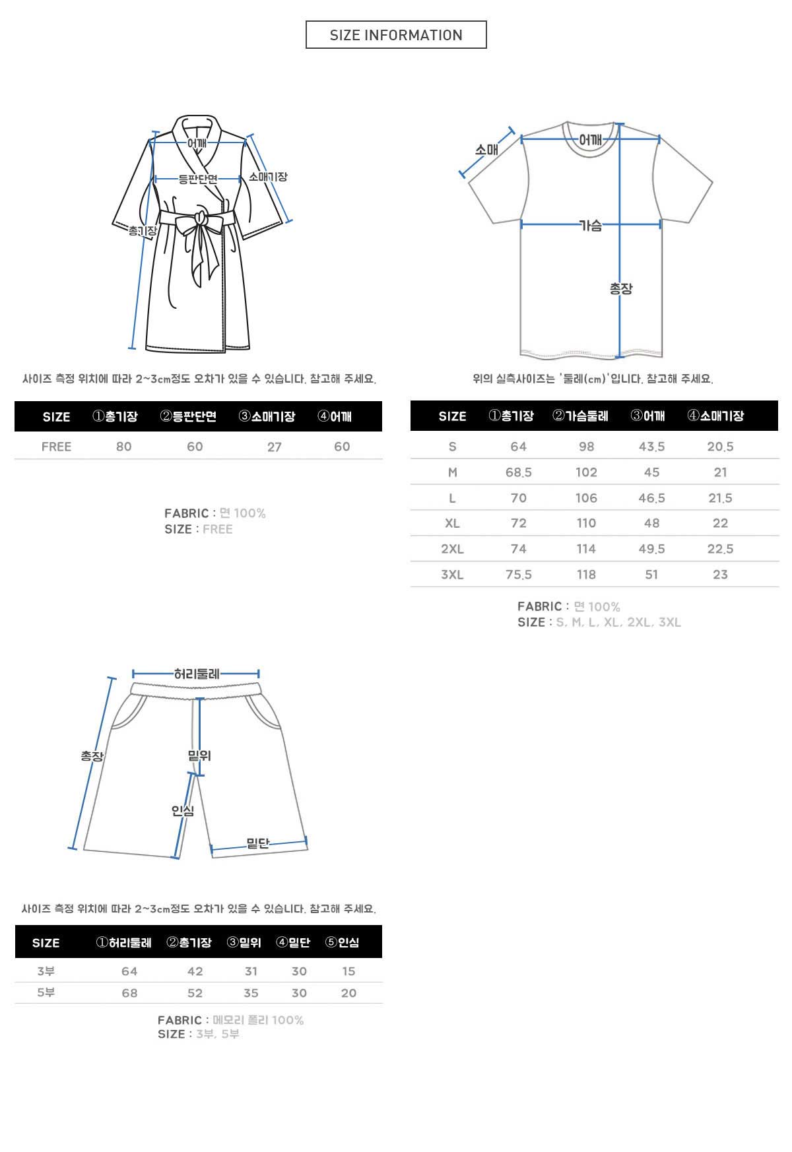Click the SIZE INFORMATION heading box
tap(396, 35)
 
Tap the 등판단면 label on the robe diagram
tap(197, 179)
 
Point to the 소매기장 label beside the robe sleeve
tap(268, 177)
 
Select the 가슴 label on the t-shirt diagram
tap(591, 226)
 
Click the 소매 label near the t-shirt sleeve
tap(486, 150)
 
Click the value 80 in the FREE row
tap(123, 447)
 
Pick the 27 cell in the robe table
tap(275, 447)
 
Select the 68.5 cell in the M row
tap(519, 472)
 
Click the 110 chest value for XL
tap(586, 523)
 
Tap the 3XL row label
tap(452, 575)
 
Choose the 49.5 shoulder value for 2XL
tap(651, 549)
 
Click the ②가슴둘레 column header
tap(580, 416)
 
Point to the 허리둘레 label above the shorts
tap(197, 674)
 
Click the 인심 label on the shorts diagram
tap(183, 810)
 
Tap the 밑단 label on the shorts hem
tap(257, 843)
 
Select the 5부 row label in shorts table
tap(46, 993)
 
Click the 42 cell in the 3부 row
tap(195, 971)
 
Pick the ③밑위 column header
tap(244, 943)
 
